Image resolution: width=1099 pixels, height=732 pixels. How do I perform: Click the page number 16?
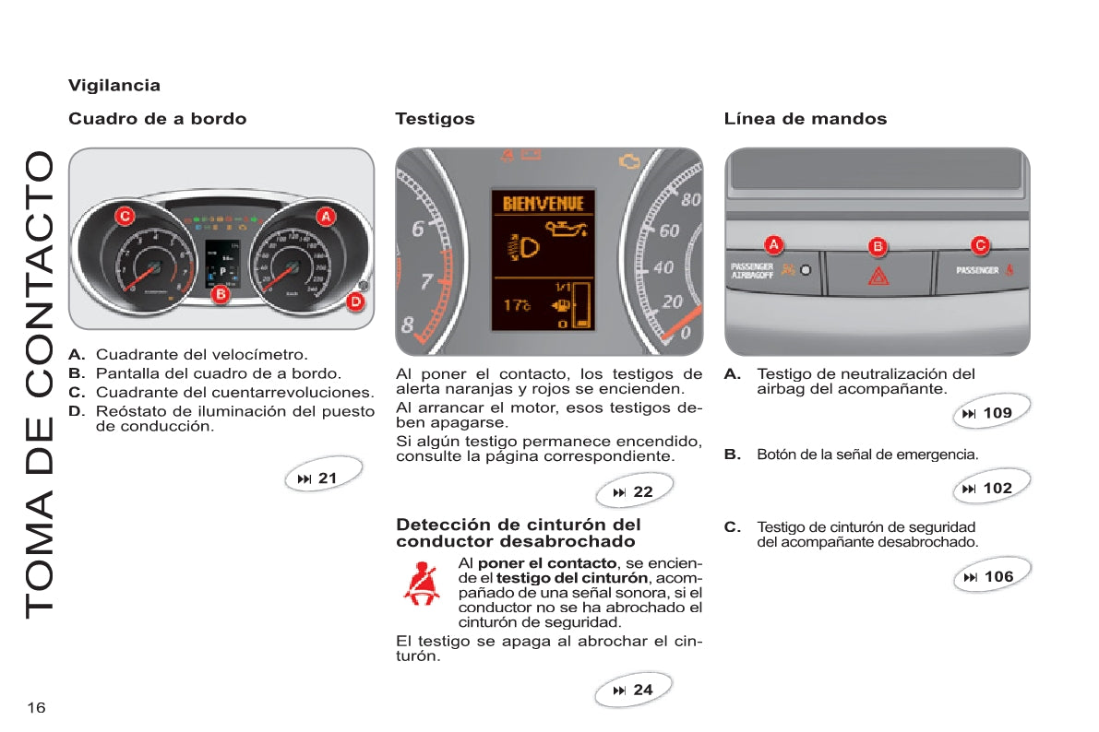point(36,707)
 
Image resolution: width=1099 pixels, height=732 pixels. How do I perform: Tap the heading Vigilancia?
point(114,86)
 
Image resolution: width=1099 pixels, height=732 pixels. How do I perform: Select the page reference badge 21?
point(318,478)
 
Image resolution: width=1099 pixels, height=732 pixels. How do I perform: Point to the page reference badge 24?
point(634,690)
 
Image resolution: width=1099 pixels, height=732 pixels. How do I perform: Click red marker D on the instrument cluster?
point(354,301)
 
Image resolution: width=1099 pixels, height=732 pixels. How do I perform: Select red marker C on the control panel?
point(981,245)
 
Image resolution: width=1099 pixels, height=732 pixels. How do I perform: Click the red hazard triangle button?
point(878,275)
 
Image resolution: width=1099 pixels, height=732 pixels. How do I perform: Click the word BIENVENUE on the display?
point(543,203)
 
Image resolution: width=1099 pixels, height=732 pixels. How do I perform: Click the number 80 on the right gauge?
point(689,198)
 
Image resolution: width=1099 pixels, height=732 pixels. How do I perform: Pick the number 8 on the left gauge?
point(407,325)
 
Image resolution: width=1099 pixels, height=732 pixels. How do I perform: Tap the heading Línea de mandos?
point(806,119)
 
